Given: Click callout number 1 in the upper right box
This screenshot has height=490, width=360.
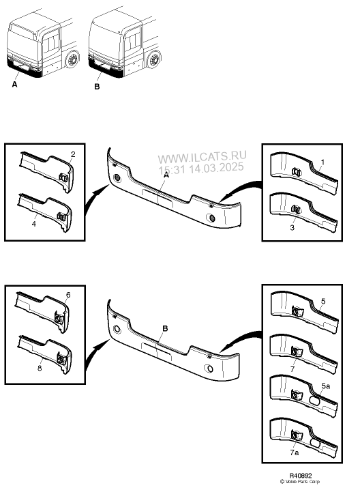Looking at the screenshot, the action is pos(322,162).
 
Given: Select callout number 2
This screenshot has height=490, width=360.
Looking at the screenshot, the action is pos(73,154).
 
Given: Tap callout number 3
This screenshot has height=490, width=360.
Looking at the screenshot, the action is pos(292,227).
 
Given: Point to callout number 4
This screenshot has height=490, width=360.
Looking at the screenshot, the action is pos(33,224).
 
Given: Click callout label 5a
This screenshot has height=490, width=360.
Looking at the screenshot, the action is pos(326,386).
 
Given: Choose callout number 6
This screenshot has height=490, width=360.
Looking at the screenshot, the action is pos(68,295).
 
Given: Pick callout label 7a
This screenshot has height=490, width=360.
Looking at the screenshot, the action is pos(295,452).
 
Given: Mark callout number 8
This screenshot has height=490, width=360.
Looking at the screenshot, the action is pos(40,368).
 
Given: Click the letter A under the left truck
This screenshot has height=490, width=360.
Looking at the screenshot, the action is pos(14,85).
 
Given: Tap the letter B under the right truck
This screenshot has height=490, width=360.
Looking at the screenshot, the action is pos(97,87).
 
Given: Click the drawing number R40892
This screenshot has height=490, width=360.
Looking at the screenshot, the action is pos(301,476).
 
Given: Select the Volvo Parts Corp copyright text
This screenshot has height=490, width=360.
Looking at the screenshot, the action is pos(300,482).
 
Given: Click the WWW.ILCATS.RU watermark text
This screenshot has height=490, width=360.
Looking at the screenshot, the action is pos(202,157).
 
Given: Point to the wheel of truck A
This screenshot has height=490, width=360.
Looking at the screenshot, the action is pos(72,59).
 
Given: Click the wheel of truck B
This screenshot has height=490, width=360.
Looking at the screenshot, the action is pos(154,59).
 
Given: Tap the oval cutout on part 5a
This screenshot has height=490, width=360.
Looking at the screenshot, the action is pos(314,401).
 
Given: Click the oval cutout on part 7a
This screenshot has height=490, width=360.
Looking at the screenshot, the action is pos(316,444).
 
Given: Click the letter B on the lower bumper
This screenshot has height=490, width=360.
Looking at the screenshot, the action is pos(165,328).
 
